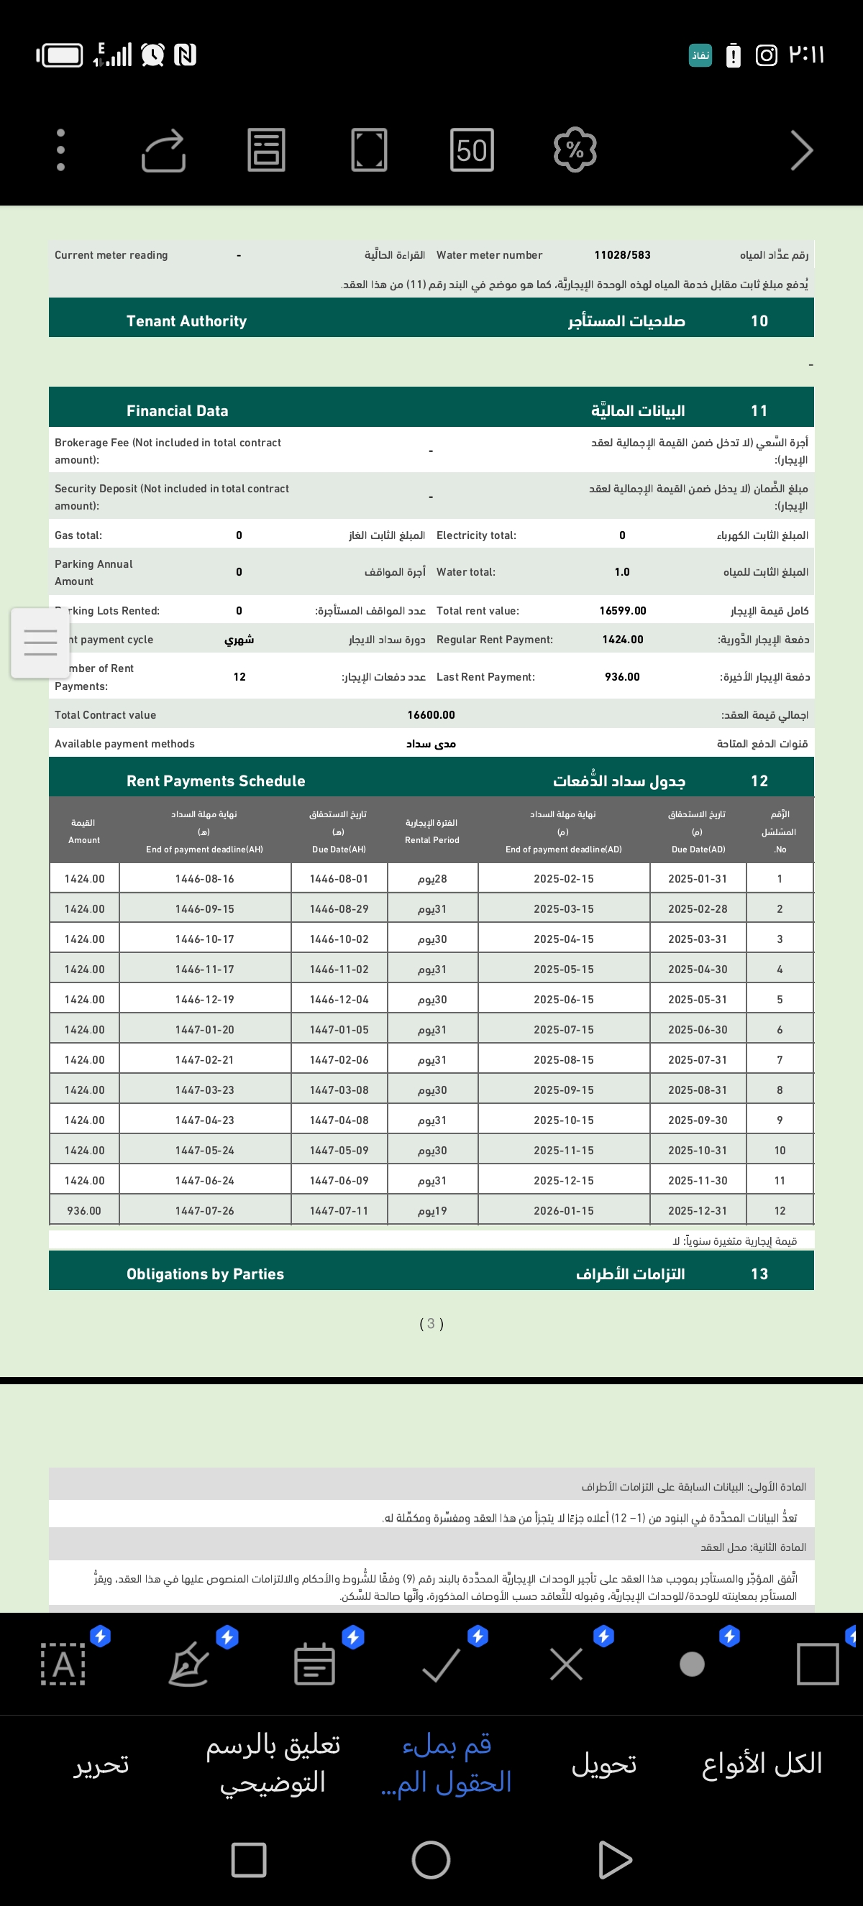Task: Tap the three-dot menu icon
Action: (60, 150)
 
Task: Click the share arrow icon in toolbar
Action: (163, 150)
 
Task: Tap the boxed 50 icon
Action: (472, 150)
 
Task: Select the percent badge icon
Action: (575, 150)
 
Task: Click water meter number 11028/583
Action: (621, 255)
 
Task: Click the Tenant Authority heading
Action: (186, 321)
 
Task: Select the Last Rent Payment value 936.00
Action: (621, 677)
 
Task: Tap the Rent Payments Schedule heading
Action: (215, 781)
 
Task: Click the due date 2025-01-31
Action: (697, 879)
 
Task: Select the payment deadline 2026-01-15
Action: (563, 1211)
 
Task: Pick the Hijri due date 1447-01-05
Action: (339, 1030)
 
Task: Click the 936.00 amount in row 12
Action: (83, 1211)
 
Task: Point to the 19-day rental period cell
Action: (432, 1211)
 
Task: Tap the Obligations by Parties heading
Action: (205, 1274)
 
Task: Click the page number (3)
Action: (431, 1324)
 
